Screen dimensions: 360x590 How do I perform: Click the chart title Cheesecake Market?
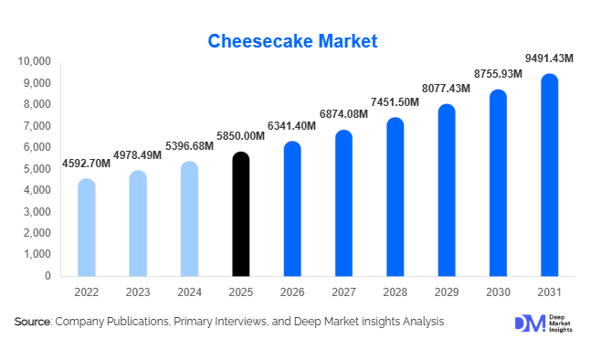click(x=294, y=41)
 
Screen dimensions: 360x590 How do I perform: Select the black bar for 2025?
click(x=240, y=215)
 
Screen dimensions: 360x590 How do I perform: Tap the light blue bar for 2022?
click(x=86, y=228)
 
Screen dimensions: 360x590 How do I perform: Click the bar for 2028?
click(x=395, y=197)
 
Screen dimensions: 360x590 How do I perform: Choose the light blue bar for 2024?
click(x=189, y=219)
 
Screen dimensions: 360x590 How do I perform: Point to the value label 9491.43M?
click(x=549, y=58)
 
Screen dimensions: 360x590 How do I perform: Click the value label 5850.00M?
click(x=240, y=136)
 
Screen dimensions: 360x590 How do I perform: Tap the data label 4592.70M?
click(x=86, y=164)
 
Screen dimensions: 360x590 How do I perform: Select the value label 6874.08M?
click(x=343, y=113)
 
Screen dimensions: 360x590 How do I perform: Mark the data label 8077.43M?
click(x=447, y=89)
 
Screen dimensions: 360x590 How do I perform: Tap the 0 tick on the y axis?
click(x=47, y=275)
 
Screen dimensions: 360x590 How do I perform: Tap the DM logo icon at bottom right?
click(x=529, y=323)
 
